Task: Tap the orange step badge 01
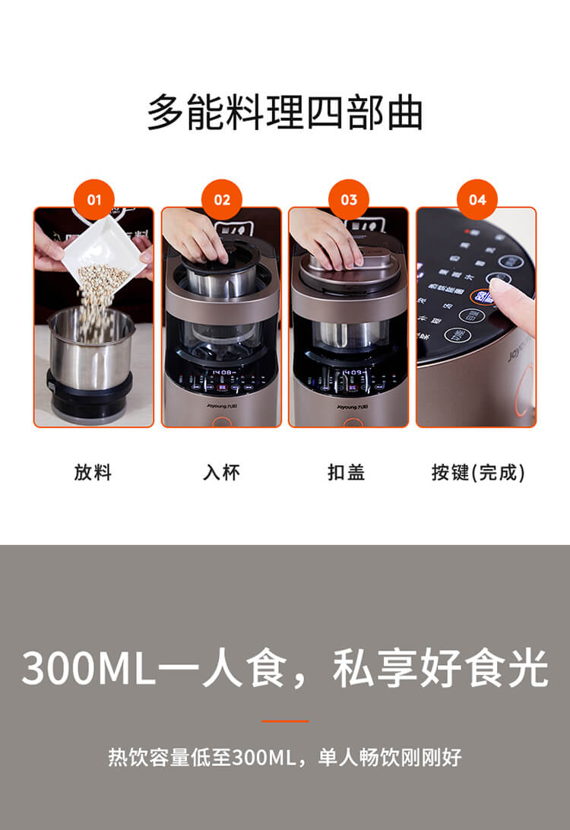pyautogui.click(x=93, y=200)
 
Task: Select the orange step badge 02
pyautogui.click(x=221, y=200)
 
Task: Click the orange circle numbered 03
pyautogui.click(x=349, y=200)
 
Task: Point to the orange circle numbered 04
pyautogui.click(x=477, y=200)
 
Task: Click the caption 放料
pyautogui.click(x=93, y=473)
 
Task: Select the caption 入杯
pyautogui.click(x=221, y=473)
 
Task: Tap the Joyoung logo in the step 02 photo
pyautogui.click(x=221, y=407)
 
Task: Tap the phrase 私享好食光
pyautogui.click(x=440, y=668)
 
